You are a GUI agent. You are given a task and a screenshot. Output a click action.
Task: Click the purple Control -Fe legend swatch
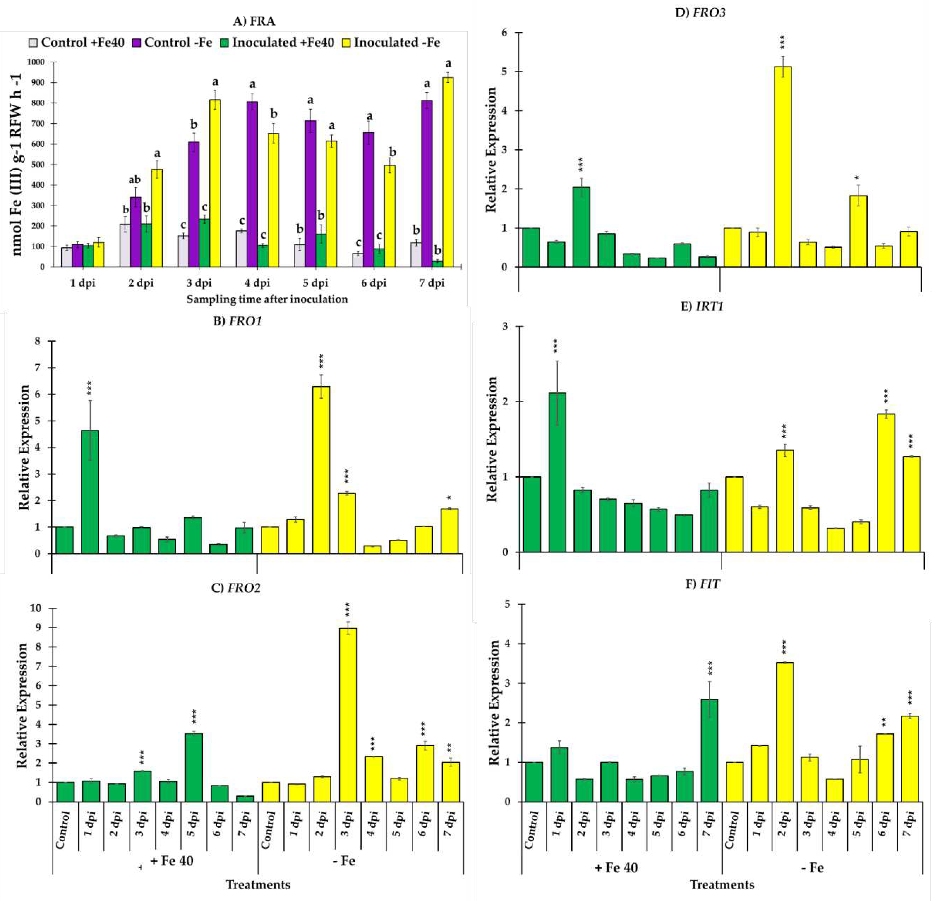click(137, 43)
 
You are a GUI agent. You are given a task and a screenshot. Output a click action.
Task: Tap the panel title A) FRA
click(254, 21)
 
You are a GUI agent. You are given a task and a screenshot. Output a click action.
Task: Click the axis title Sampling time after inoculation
click(267, 299)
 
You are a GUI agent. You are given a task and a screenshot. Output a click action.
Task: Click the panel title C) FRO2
click(236, 588)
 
